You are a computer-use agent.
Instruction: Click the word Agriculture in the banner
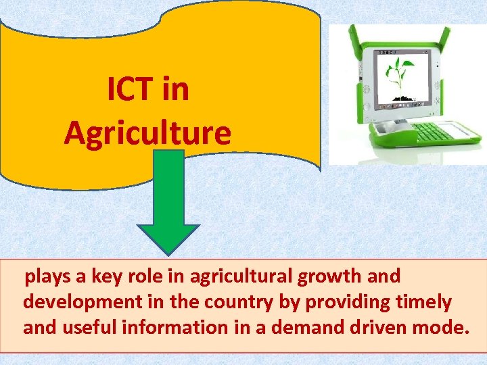coord(147,132)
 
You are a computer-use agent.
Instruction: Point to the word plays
coord(46,277)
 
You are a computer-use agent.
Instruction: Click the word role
coord(142,276)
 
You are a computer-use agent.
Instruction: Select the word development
coord(75,302)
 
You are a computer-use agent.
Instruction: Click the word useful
coord(85,328)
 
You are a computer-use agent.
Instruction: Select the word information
coord(168,328)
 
